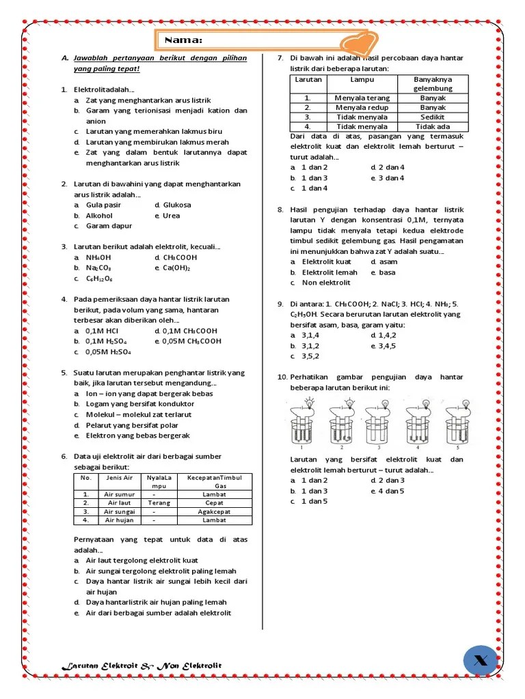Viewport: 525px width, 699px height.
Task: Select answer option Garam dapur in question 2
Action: click(x=109, y=226)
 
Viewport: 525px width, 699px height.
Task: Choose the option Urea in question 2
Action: click(x=171, y=216)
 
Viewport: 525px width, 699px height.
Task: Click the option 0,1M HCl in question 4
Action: click(x=102, y=330)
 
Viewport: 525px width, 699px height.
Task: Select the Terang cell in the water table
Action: click(x=159, y=502)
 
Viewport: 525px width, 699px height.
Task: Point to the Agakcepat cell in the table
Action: click(x=214, y=511)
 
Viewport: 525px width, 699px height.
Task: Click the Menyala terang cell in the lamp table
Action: click(x=362, y=98)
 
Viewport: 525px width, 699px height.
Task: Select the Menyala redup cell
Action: click(x=362, y=107)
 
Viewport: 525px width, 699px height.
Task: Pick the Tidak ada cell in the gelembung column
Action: click(x=433, y=126)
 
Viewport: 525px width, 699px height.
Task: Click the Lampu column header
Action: click(x=362, y=79)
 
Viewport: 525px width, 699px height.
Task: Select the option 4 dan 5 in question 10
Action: click(x=391, y=491)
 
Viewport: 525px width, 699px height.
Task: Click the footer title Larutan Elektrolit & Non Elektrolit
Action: click(x=142, y=666)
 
